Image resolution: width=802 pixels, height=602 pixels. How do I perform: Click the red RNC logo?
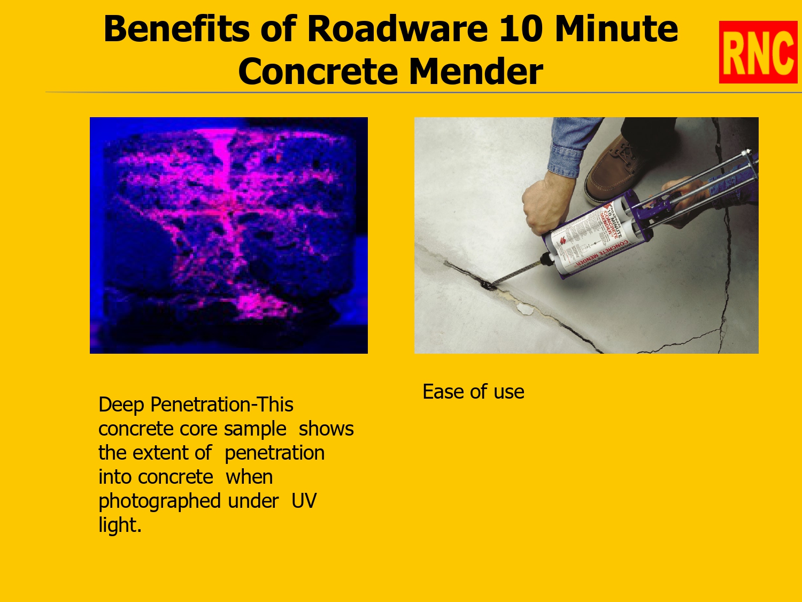(758, 52)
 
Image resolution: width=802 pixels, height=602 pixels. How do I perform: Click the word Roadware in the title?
(397, 29)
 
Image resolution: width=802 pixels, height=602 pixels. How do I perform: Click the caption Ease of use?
(473, 392)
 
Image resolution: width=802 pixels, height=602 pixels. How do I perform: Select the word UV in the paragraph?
(304, 501)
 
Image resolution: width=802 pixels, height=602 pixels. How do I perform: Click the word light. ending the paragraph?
(120, 525)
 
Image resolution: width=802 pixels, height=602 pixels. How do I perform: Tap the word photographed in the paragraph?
(159, 501)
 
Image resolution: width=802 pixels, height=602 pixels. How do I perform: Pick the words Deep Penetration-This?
(196, 405)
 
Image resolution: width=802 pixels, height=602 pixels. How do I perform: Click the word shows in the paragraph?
(326, 429)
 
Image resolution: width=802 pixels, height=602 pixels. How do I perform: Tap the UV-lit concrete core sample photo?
(229, 235)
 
